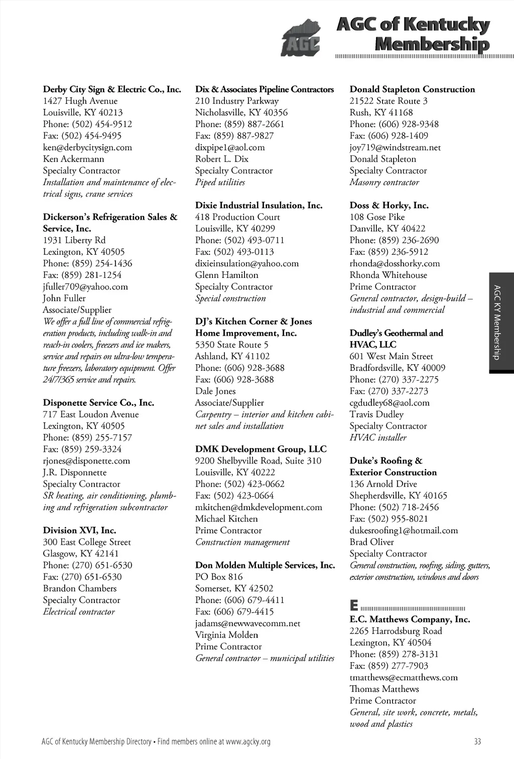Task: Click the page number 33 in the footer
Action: [x=477, y=741]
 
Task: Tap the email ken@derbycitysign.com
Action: [x=87, y=147]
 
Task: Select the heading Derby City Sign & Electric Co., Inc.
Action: [x=112, y=89]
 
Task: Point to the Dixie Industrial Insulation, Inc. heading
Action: [x=259, y=205]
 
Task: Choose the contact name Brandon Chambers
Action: [x=79, y=588]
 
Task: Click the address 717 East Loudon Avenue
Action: [x=90, y=414]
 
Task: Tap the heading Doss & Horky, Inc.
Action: [x=389, y=205]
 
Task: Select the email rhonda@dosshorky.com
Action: [x=395, y=263]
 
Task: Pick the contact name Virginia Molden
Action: [x=226, y=635]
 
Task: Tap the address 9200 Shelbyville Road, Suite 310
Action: [x=258, y=461]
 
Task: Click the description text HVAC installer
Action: [x=378, y=437]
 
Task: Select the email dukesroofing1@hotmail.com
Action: [x=404, y=531]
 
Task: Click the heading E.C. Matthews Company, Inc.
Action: [x=410, y=620]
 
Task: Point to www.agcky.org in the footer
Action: [x=248, y=741]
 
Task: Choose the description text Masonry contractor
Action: [x=384, y=183]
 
